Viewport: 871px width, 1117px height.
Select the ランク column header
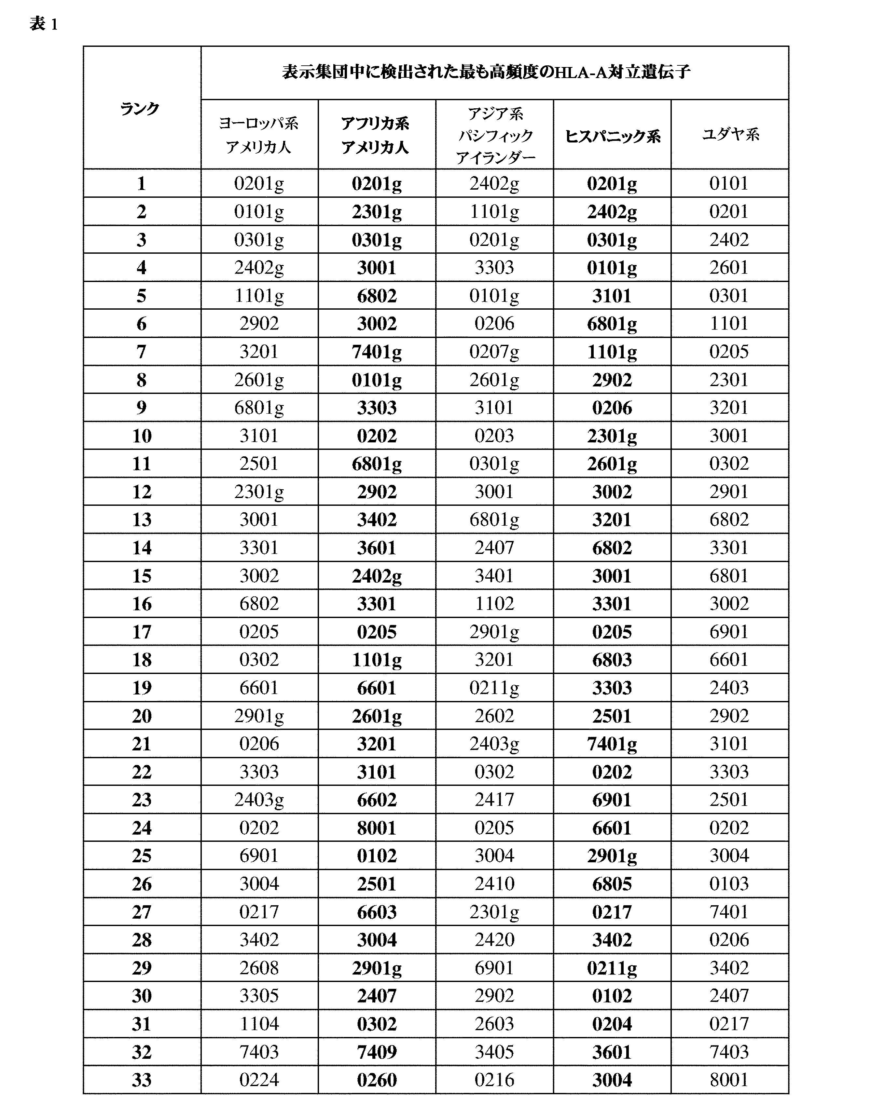140,108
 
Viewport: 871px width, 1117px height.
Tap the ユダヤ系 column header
730,134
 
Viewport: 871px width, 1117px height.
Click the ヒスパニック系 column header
612,136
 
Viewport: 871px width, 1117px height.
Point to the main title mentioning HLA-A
486,72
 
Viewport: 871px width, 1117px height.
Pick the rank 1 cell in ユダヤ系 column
729,183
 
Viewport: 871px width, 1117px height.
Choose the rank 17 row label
142,632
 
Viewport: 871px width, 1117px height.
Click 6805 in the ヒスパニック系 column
612,883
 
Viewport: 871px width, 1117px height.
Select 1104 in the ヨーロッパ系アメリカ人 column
259,1023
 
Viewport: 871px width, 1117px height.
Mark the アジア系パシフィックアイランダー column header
494,135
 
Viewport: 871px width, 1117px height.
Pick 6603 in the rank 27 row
377,911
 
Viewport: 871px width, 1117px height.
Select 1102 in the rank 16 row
494,603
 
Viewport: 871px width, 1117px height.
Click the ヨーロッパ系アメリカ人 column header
259,135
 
